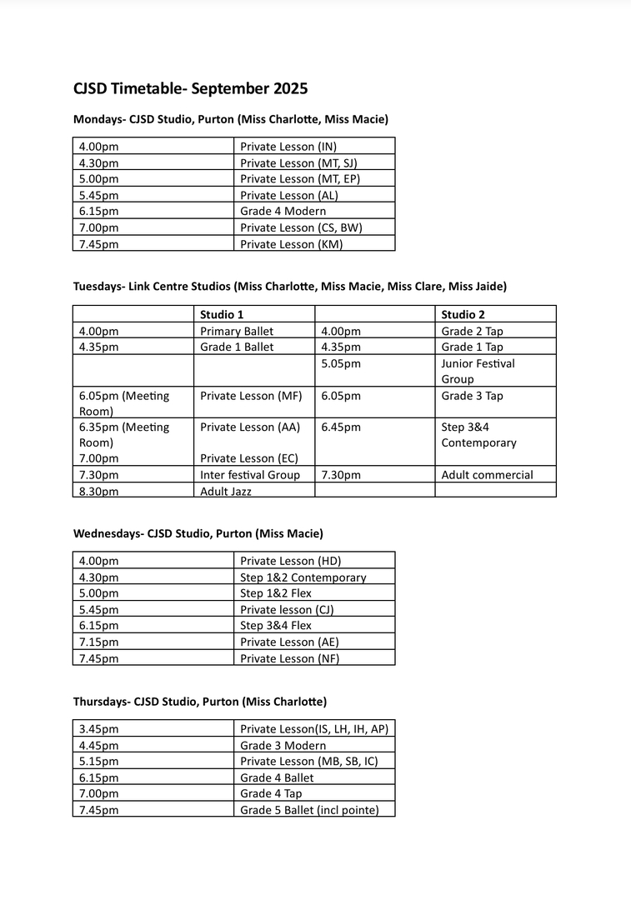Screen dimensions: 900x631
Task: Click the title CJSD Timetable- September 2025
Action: [x=190, y=88]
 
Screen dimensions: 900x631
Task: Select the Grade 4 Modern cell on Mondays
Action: [x=283, y=211]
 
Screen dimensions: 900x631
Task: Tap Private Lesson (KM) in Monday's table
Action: [x=291, y=244]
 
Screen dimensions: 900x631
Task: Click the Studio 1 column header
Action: [x=222, y=314]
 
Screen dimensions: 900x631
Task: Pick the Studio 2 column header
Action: [x=463, y=314]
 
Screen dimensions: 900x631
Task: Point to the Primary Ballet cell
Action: [x=237, y=331]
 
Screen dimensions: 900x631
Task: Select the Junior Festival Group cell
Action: [x=478, y=371]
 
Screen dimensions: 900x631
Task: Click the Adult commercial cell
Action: [x=487, y=475]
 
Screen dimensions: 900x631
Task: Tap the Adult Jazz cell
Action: [x=226, y=492]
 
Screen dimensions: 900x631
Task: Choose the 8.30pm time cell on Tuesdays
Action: [x=99, y=492]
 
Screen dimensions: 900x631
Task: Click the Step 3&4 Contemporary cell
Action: [x=478, y=435]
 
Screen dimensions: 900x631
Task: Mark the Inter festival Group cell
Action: [x=250, y=475]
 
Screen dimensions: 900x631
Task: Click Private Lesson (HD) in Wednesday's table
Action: [x=291, y=561]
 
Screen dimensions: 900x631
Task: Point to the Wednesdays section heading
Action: [x=198, y=533]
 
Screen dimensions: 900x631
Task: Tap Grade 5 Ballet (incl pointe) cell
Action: [x=309, y=809]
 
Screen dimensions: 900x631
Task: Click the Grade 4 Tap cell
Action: [x=271, y=793]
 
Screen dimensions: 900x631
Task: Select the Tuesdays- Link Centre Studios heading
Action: [x=290, y=286]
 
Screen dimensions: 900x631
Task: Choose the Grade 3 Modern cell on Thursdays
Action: [x=283, y=745]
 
